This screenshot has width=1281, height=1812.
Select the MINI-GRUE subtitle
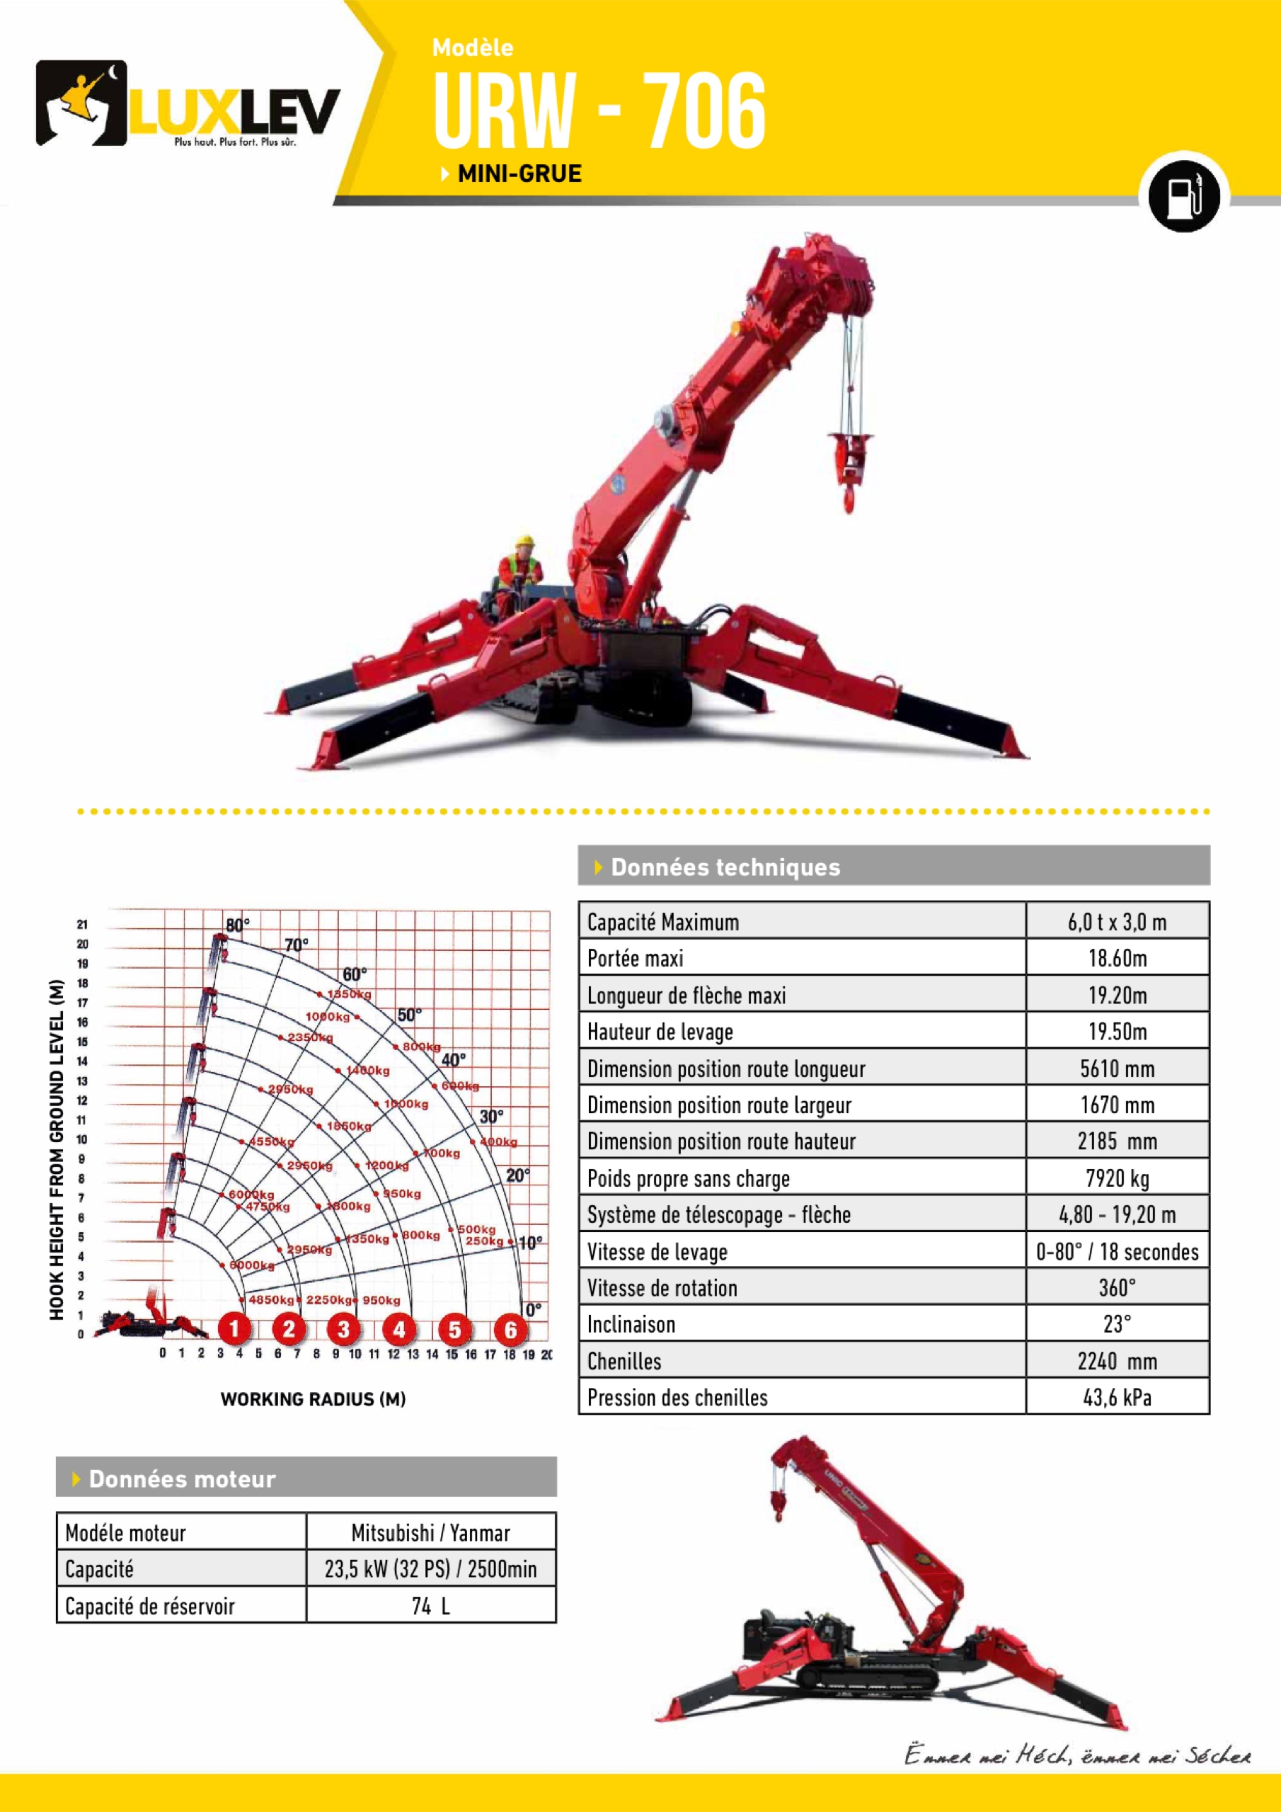(x=519, y=173)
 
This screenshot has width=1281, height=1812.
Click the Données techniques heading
(x=725, y=867)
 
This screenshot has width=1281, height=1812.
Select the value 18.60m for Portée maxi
(x=1117, y=958)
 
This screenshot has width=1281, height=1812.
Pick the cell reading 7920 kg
(x=1117, y=1178)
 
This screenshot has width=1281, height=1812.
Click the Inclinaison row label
(x=631, y=1324)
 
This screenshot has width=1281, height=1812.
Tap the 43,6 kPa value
(x=1117, y=1398)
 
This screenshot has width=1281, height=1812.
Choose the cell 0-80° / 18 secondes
(x=1117, y=1252)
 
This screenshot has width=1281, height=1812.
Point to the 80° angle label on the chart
(x=237, y=924)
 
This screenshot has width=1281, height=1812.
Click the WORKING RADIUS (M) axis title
(x=313, y=1399)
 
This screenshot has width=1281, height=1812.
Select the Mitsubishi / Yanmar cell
(x=431, y=1532)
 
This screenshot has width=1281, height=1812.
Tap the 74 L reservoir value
(x=431, y=1606)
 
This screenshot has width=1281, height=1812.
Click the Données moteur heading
(x=182, y=1479)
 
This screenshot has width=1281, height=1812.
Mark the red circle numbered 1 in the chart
(x=234, y=1329)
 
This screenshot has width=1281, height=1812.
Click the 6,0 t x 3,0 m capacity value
(x=1117, y=922)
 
